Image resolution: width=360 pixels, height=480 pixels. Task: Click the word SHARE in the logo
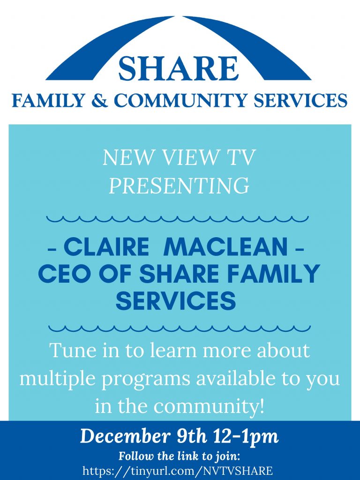[x=178, y=68]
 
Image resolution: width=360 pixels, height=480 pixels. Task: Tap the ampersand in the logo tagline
[x=100, y=100]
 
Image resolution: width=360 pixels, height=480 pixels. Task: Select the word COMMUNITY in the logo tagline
[x=180, y=100]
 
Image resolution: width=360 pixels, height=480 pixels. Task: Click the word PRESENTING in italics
[x=180, y=185]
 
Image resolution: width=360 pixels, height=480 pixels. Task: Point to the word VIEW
[x=191, y=157]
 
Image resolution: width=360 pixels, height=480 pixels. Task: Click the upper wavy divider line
[x=178, y=219]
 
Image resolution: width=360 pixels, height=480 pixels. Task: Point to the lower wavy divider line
[x=180, y=329]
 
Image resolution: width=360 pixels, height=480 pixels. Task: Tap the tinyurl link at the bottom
[x=178, y=471]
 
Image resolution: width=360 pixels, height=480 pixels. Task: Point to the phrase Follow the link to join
[x=180, y=457]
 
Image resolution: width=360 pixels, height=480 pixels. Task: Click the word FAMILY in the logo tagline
[x=48, y=100]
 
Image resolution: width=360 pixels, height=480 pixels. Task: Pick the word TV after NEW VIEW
[x=240, y=157]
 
